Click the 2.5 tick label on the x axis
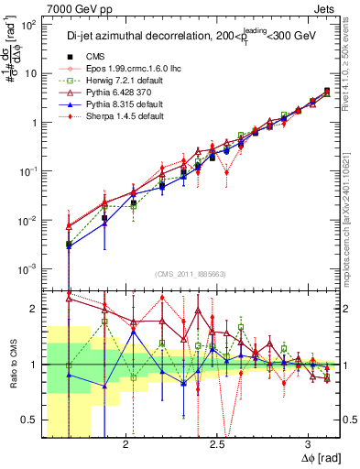coord(217,443)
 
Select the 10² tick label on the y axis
coord(27,26)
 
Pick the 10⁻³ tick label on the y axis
coord(27,268)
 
